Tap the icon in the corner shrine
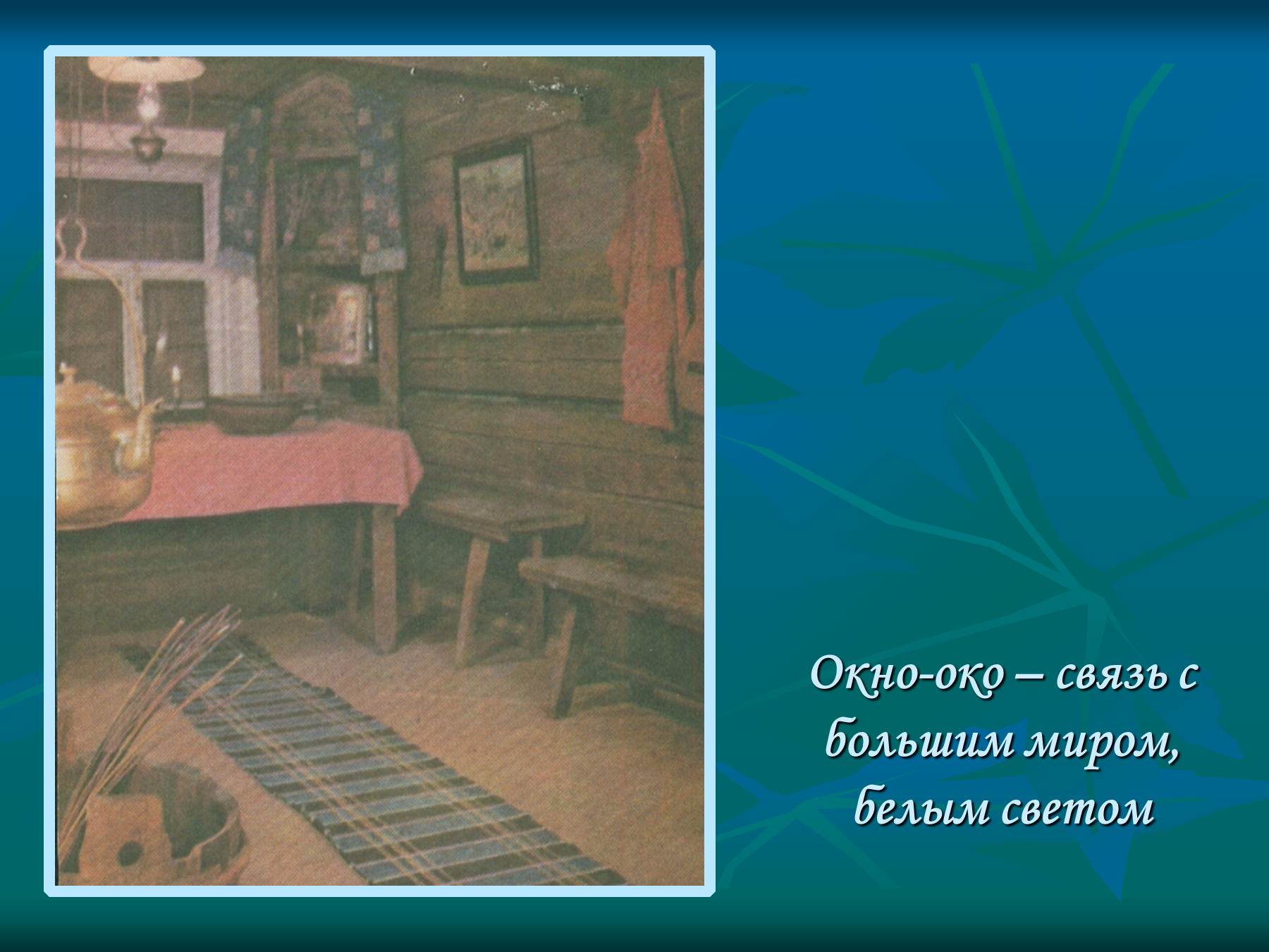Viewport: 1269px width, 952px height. click(340, 321)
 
